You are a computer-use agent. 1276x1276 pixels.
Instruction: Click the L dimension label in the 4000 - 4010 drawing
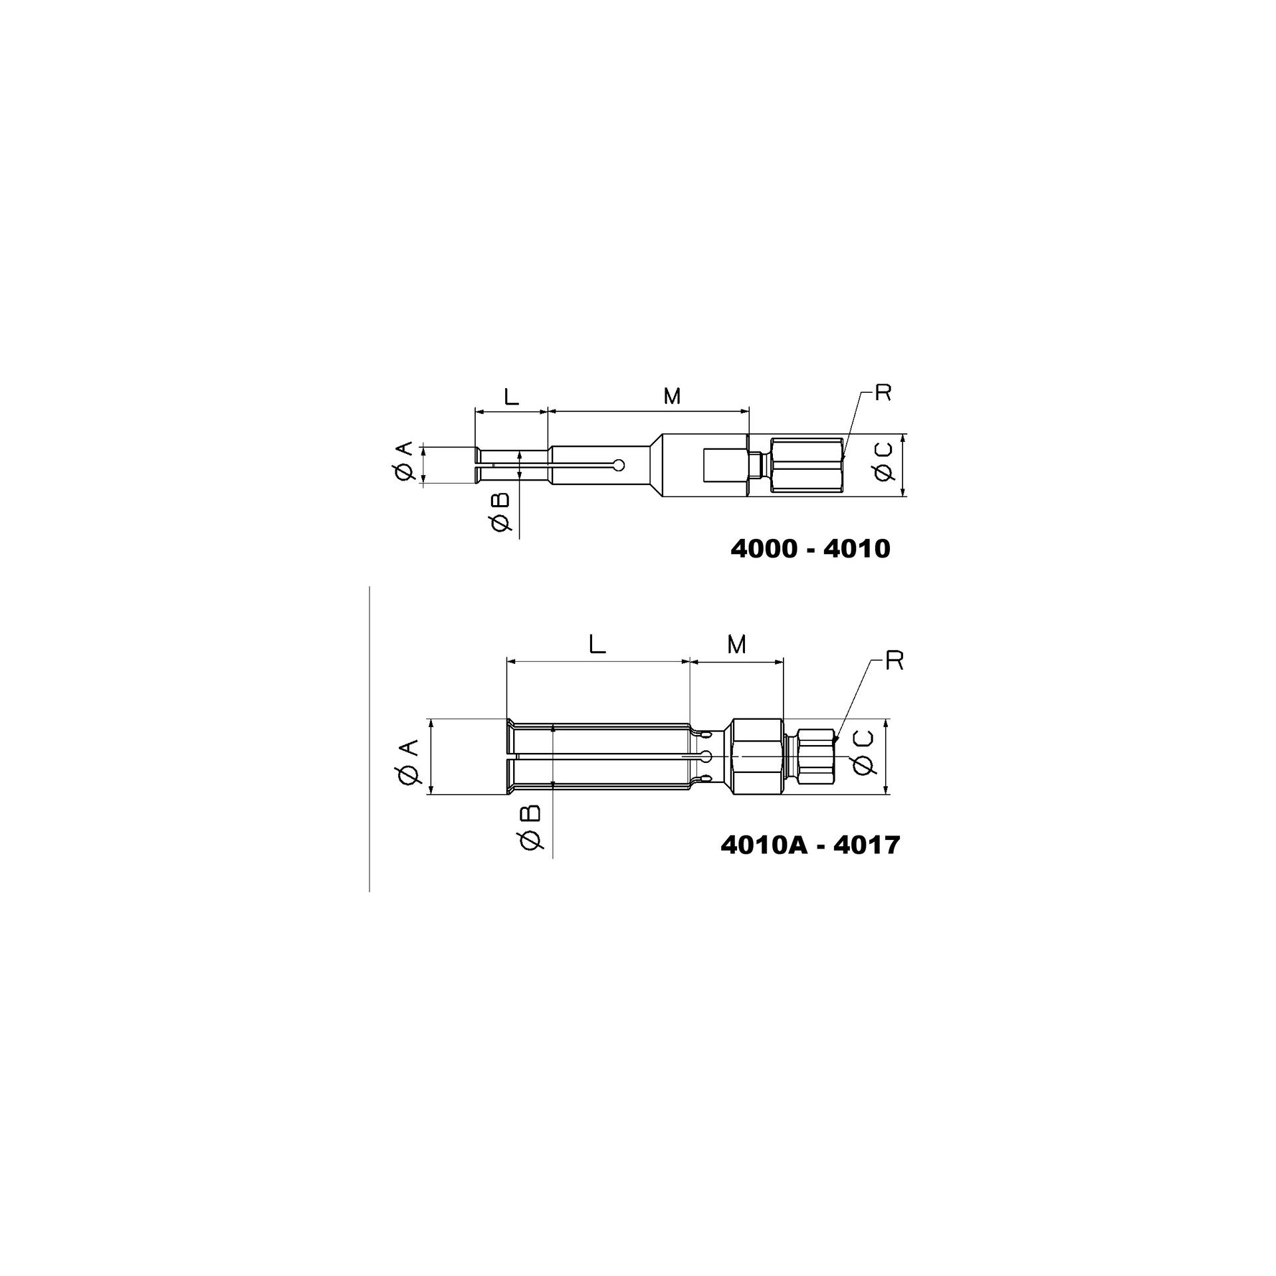[x=510, y=397]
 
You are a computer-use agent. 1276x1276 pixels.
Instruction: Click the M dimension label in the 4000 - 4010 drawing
[x=673, y=397]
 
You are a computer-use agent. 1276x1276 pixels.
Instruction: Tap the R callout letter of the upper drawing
[x=883, y=393]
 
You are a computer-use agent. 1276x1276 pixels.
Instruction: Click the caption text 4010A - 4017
[x=810, y=845]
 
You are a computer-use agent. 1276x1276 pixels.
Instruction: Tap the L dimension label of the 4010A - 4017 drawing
[x=598, y=644]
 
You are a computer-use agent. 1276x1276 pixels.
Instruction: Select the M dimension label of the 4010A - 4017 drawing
[x=736, y=644]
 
